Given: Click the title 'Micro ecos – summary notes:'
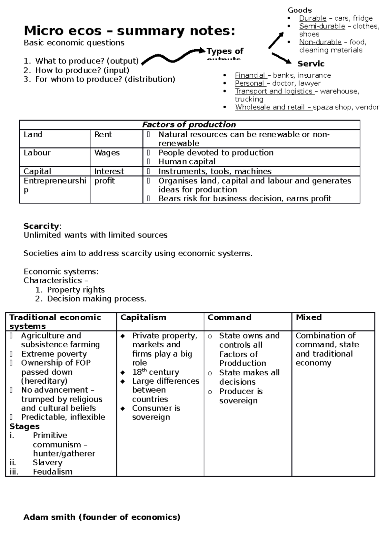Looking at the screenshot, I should [x=129, y=31].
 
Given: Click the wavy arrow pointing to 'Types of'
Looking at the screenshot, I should [x=173, y=56].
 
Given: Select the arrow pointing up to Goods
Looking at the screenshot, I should [x=276, y=41].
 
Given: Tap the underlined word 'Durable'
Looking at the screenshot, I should [x=313, y=18].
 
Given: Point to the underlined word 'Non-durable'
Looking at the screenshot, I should [x=320, y=42].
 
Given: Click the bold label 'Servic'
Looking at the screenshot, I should [x=311, y=64].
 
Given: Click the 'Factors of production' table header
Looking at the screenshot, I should [x=189, y=125].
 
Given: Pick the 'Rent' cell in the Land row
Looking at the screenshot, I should [x=103, y=134].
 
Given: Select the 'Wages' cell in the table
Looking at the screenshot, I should [x=107, y=153].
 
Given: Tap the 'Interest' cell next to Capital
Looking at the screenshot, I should [x=109, y=171].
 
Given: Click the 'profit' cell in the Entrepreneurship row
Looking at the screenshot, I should [x=104, y=181].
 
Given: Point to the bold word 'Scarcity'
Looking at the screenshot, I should [x=41, y=226].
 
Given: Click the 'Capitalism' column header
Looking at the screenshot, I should [x=143, y=317].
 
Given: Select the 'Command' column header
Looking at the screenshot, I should [x=229, y=317].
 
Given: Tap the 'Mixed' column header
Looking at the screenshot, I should [x=309, y=317].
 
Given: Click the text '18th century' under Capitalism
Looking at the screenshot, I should [x=155, y=372].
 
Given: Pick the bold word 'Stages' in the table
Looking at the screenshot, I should [x=25, y=427].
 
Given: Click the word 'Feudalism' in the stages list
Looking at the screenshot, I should [x=53, y=472].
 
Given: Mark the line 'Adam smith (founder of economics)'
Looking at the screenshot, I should [x=102, y=517].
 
